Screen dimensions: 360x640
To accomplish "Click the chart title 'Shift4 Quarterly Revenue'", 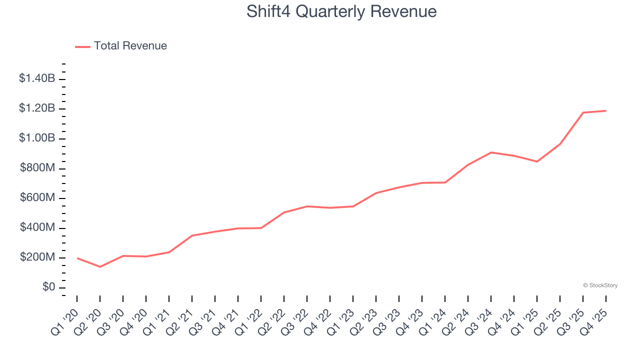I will pos(341,11).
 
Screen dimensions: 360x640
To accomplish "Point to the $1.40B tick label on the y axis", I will pos(37,78).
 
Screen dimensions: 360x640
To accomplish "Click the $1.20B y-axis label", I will pos(37,108).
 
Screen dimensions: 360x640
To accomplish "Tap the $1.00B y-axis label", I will pos(37,138).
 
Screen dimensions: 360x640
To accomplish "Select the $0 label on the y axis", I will pos(48,287).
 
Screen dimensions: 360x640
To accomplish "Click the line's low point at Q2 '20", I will pos(100,266).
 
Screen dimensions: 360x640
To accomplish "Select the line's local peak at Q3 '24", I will pos(491,152).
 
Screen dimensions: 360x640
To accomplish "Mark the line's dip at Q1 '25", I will pos(537,161).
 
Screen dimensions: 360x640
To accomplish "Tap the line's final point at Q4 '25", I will pos(606,110).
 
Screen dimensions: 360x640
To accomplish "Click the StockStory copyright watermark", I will pos(600,285).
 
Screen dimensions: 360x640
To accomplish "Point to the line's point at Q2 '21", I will pos(192,235).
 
